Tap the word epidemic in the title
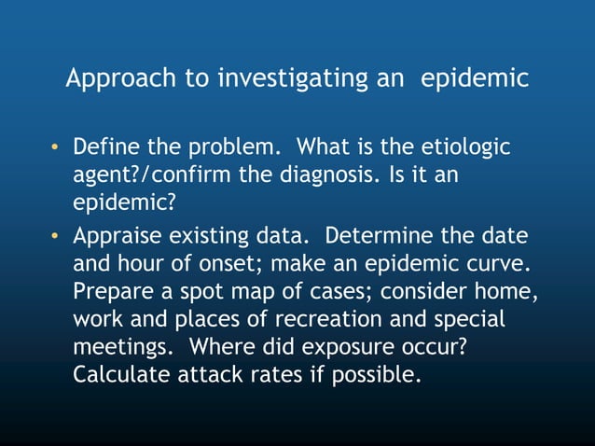476,78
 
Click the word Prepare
108,291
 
